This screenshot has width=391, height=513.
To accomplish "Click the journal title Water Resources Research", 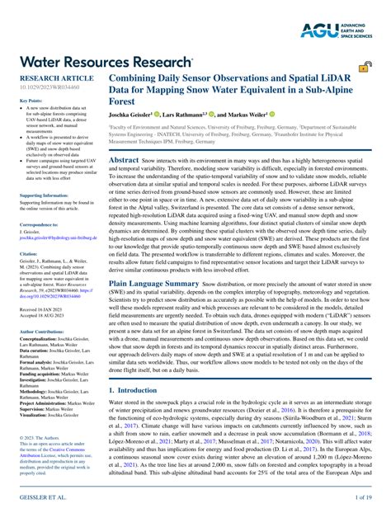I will (99, 61).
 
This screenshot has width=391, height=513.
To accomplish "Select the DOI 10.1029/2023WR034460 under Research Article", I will (49, 87).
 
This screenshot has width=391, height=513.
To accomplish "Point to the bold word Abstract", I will (125, 159).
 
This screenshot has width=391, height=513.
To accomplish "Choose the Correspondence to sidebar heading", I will (39, 224).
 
